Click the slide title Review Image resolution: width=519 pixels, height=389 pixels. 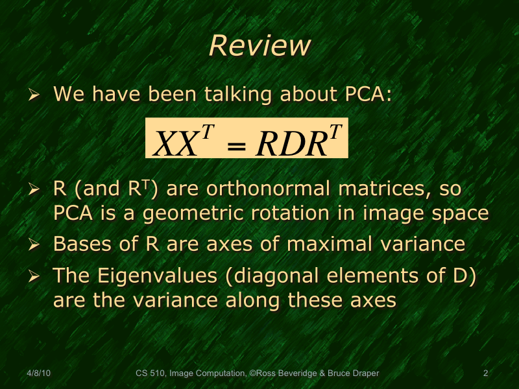tap(259, 46)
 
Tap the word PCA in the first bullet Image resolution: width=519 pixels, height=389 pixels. tap(365, 95)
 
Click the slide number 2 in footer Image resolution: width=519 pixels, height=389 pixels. tap(485, 373)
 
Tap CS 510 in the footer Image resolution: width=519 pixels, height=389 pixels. tap(150, 373)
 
